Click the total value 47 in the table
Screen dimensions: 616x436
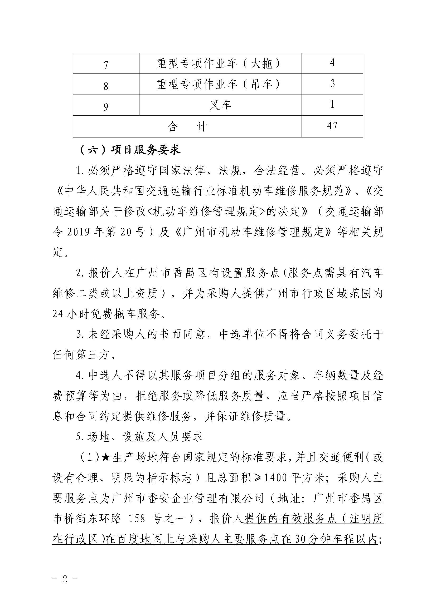(x=332, y=126)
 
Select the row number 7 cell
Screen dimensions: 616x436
(x=106, y=65)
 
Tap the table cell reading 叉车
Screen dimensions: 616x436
(x=220, y=105)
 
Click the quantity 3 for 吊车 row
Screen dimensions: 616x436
(x=332, y=84)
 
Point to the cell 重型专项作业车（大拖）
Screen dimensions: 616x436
(x=219, y=63)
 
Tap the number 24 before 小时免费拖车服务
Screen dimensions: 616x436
(x=58, y=314)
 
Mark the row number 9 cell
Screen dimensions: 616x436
(x=106, y=107)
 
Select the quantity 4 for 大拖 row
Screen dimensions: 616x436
(x=332, y=63)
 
